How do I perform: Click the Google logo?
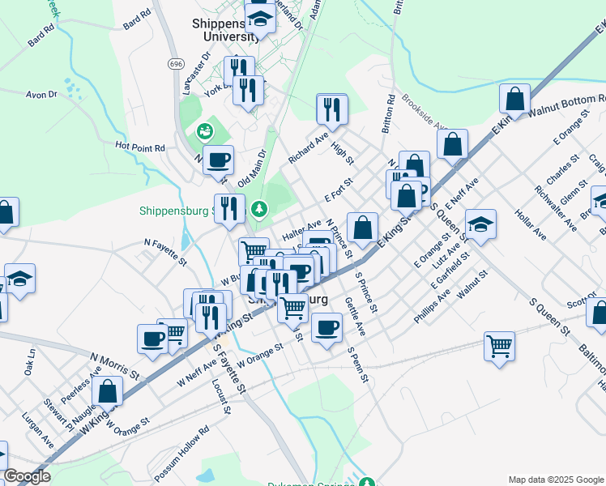click(x=28, y=476)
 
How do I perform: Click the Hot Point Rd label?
click(x=140, y=147)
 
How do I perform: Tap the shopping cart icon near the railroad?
click(x=500, y=345)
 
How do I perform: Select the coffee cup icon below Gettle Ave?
click(x=326, y=327)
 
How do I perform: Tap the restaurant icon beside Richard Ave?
click(x=331, y=108)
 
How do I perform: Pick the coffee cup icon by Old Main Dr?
click(x=217, y=160)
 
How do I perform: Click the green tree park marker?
click(x=258, y=210)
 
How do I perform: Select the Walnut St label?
click(x=472, y=285)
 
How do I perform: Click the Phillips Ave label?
click(x=431, y=309)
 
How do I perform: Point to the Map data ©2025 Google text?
click(x=555, y=479)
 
